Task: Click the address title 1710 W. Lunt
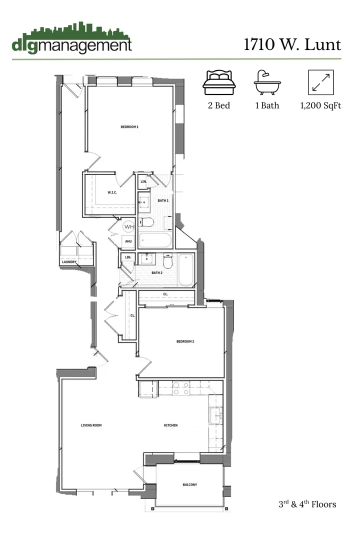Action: coord(292,44)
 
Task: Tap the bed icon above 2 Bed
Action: coord(218,82)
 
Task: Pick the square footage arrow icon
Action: coord(321,82)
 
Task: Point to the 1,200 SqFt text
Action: coord(320,105)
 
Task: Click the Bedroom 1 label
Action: coord(129,127)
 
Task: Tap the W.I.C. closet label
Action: coord(112,192)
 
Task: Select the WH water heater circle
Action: coord(129,226)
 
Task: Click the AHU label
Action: coord(128,241)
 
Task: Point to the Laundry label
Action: coord(69,262)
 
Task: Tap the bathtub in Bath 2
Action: coord(185,270)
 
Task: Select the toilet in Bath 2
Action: coord(167,261)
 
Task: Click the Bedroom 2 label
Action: coord(185,341)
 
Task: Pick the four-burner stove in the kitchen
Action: coord(180,388)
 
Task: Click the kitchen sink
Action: coord(215,415)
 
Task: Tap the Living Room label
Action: coord(91,425)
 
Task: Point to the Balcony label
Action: coord(189,484)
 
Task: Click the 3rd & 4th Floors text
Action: coord(307,504)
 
